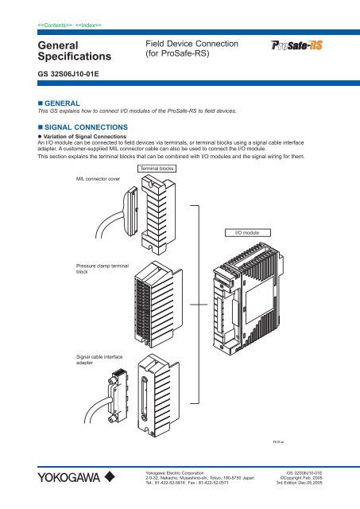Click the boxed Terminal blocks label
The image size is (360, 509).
click(x=155, y=169)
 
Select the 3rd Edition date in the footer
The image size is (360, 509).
click(x=309, y=484)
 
